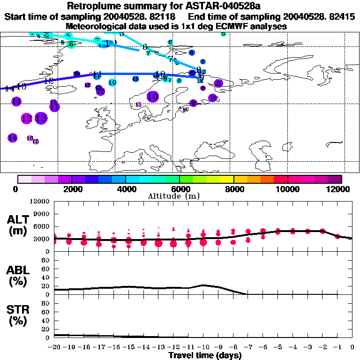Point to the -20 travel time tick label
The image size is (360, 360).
pyautogui.click(x=55, y=347)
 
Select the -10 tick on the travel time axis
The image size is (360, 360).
pyautogui.click(x=203, y=347)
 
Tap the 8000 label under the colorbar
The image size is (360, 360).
pyautogui.click(x=233, y=189)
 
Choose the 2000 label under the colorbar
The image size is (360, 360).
pyautogui.click(x=71, y=189)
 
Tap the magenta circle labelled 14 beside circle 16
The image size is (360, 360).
pyautogui.click(x=13, y=137)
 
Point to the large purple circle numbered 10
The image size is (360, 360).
pyautogui.click(x=153, y=97)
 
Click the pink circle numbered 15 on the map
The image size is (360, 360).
pyautogui.click(x=36, y=142)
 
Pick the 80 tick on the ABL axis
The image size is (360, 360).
pyautogui.click(x=46, y=261)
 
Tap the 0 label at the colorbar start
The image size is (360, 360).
pyautogui.click(x=16, y=189)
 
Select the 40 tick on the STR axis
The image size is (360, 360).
pyautogui.click(x=46, y=320)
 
